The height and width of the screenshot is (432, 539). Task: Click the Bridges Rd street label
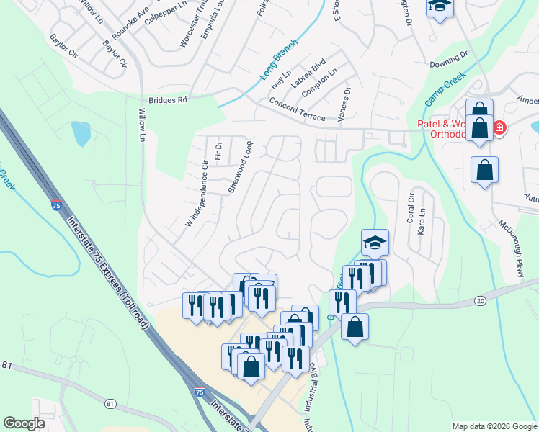(x=167, y=100)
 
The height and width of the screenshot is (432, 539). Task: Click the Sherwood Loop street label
(x=241, y=166)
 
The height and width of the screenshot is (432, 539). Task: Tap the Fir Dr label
(x=218, y=150)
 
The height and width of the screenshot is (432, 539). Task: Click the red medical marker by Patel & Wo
(x=498, y=129)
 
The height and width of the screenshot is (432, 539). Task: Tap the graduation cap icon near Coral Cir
(x=375, y=243)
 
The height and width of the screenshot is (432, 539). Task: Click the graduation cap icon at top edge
(x=437, y=7)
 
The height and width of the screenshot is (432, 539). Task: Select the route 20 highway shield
(x=481, y=300)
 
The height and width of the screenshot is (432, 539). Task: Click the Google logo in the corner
(x=24, y=423)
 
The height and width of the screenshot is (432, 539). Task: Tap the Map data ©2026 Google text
(x=494, y=426)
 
